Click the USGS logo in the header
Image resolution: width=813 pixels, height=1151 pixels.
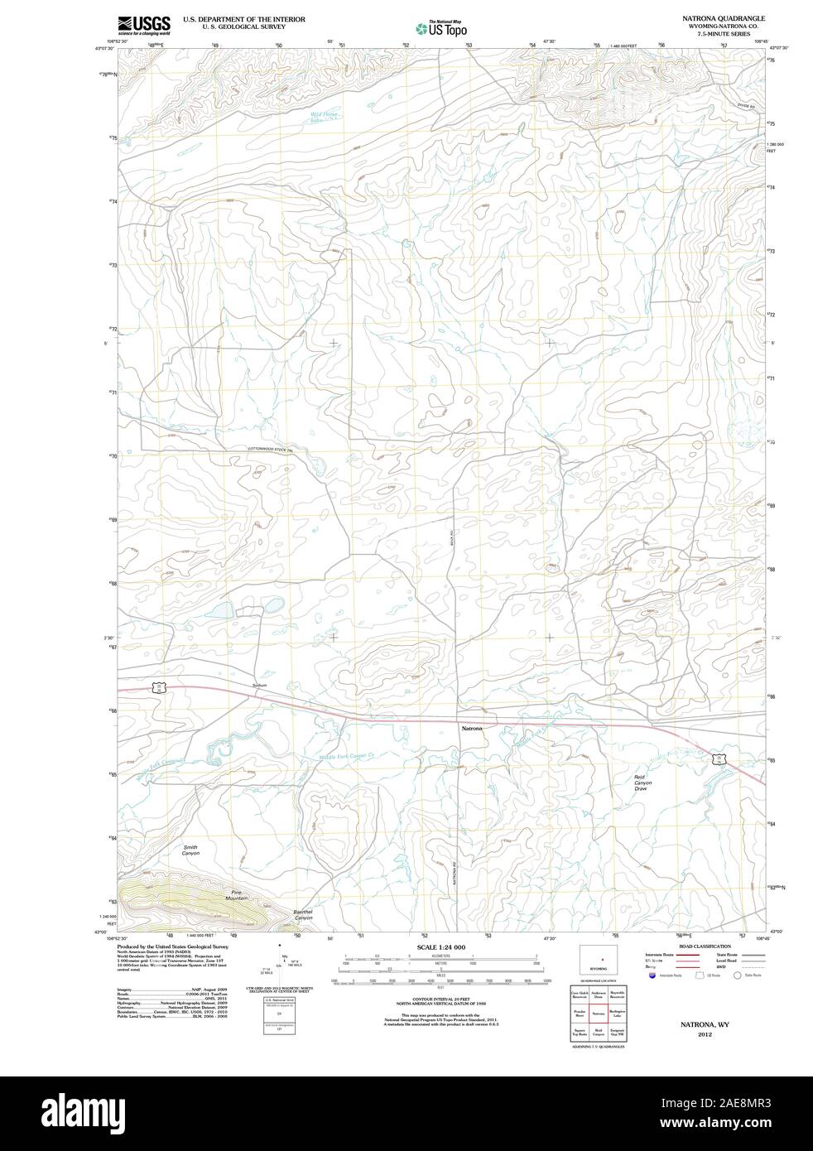[144, 25]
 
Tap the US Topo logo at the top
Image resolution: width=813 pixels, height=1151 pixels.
[441, 28]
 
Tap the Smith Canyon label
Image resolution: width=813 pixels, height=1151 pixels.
[191, 850]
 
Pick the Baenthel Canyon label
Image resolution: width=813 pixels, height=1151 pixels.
[303, 914]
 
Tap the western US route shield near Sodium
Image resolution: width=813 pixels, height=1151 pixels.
[160, 687]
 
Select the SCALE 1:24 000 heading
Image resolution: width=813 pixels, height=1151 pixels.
[441, 946]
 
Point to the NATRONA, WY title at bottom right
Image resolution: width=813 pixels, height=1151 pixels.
[705, 1024]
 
